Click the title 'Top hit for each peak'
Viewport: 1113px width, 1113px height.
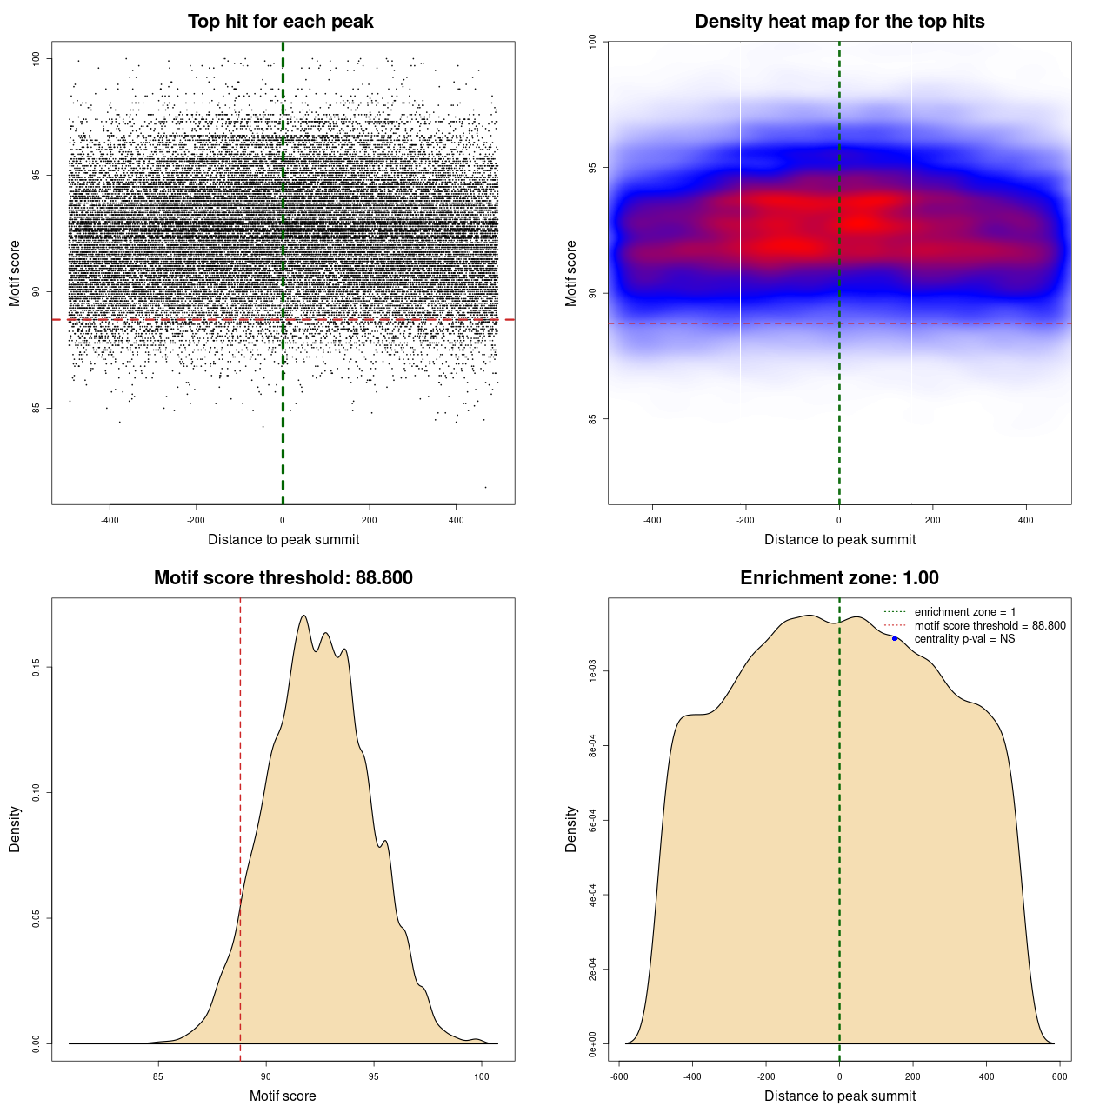pos(280,22)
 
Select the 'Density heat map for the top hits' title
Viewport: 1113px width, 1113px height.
pos(839,22)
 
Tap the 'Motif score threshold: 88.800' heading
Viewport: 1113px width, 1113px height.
pos(283,578)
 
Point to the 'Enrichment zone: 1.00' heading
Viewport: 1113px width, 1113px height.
pos(839,578)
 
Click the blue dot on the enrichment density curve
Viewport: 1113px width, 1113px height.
pos(895,639)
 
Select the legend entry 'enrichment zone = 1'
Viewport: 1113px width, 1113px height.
pos(964,612)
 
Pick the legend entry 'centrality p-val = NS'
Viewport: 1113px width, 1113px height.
pos(964,639)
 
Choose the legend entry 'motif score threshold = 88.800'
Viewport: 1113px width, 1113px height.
pos(990,626)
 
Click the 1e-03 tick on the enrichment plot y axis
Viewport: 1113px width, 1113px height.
pos(593,671)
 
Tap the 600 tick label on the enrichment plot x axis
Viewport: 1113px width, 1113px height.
pos(1059,1076)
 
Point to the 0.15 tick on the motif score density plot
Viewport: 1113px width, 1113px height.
pos(37,667)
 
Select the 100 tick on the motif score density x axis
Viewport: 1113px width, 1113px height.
pos(482,1076)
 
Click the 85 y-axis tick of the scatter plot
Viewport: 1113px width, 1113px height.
pos(37,408)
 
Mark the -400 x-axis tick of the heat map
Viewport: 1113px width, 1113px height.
pos(652,520)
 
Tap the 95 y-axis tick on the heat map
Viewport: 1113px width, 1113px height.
pos(593,168)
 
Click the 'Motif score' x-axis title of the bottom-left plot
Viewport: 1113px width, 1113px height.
pos(283,1096)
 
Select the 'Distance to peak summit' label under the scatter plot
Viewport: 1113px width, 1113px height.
pos(283,539)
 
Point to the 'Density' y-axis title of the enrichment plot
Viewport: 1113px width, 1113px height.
pos(571,829)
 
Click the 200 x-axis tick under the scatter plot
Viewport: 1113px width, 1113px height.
pos(370,520)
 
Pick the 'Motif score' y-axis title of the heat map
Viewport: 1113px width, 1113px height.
pos(571,273)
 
